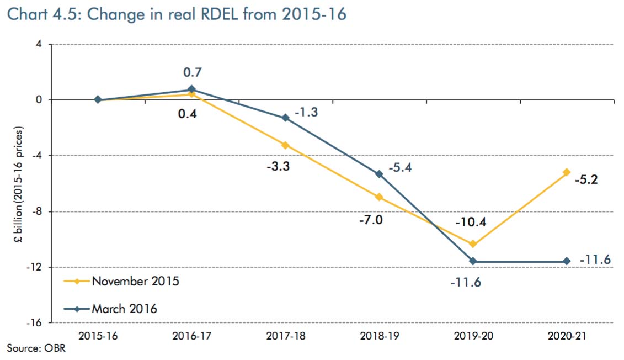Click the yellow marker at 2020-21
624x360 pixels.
(567, 172)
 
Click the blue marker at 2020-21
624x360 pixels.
(567, 261)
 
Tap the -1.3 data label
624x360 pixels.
(307, 112)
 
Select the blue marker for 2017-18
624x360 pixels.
(285, 118)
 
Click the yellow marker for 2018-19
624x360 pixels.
(379, 197)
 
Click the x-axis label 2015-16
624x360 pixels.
(98, 335)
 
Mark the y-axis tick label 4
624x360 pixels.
(39, 44)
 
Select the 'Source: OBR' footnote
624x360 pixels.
(30, 347)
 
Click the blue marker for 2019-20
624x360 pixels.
(473, 261)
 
